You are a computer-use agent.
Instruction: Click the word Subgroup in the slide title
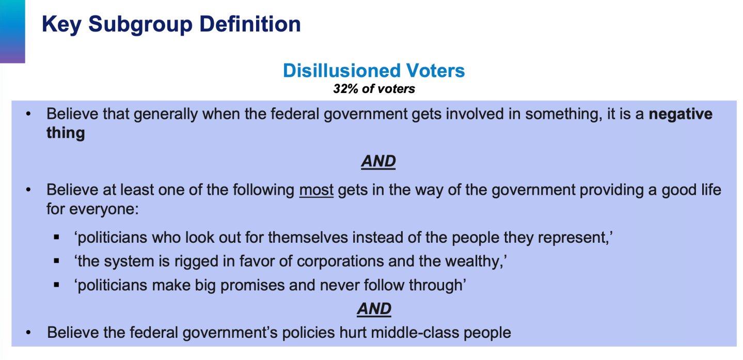[x=140, y=25]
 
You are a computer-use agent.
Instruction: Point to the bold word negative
[x=681, y=114]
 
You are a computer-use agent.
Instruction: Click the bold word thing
[x=66, y=133]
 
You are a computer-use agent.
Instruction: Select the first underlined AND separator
[x=378, y=162]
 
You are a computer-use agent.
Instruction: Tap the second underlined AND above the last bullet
[x=374, y=309]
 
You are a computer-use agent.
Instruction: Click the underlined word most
[x=317, y=190]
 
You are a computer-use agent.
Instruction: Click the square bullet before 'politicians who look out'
[x=56, y=237]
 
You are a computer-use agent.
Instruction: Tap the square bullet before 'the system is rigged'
[x=56, y=261]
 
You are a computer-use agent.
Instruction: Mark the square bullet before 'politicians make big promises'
[x=56, y=285]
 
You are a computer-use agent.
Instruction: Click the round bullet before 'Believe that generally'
[x=28, y=114]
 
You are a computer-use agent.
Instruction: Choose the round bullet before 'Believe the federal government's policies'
[x=28, y=332]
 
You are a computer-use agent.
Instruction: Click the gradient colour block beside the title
[x=12, y=32]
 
